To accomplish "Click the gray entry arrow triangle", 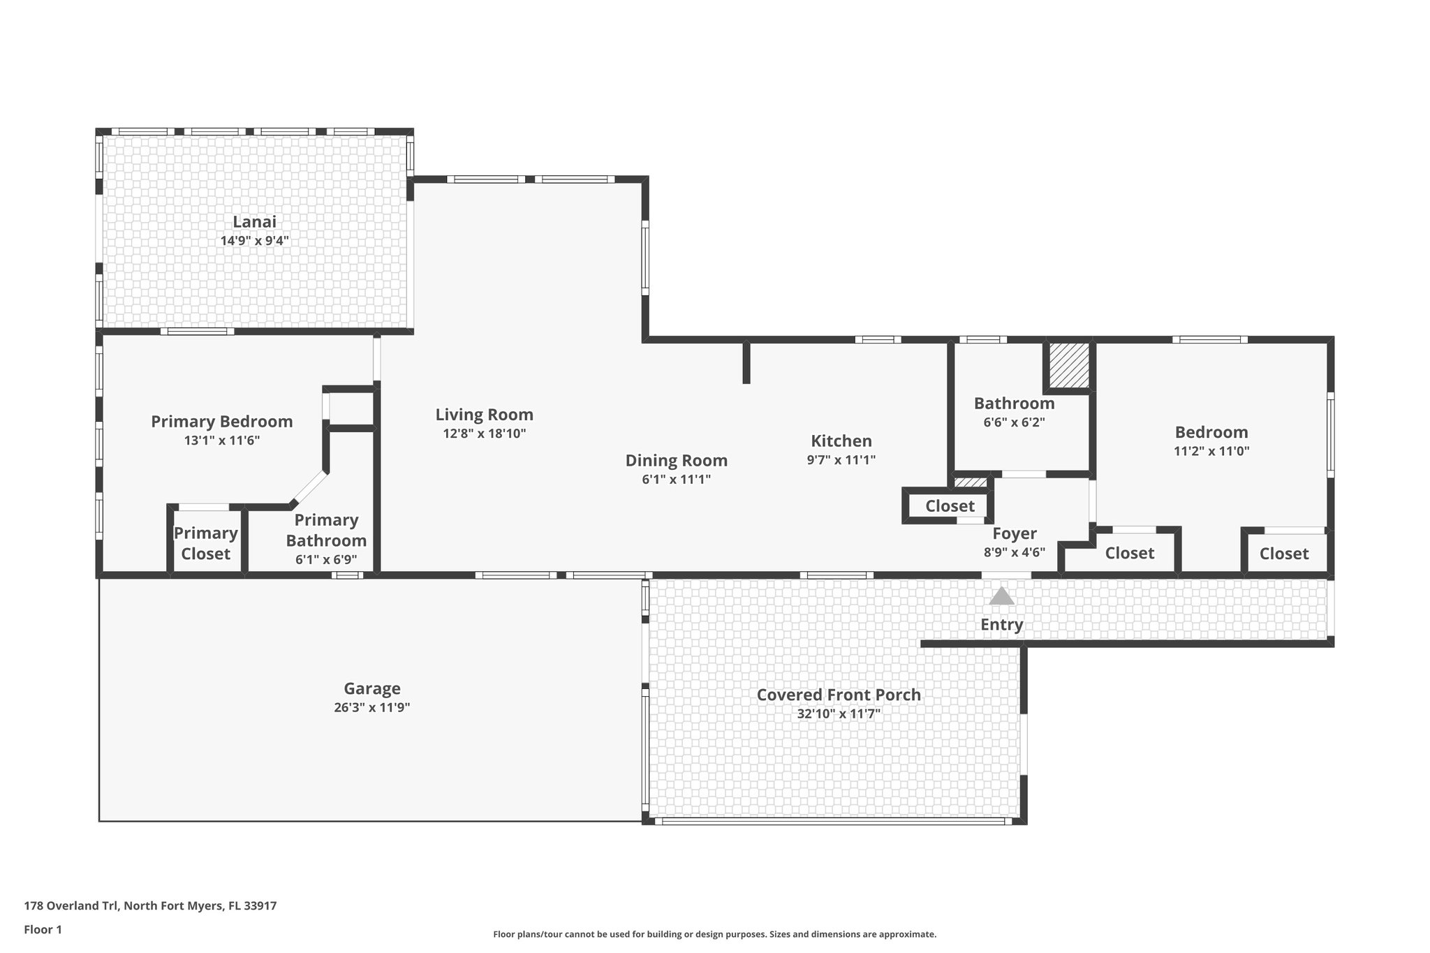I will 1001,596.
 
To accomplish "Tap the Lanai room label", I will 254,222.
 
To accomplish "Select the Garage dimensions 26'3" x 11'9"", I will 371,707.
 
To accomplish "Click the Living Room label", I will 484,415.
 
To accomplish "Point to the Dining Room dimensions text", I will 676,480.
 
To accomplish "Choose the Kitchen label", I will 841,441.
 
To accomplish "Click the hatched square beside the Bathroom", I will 1068,365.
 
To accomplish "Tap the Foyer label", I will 1014,534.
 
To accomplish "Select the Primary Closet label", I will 206,543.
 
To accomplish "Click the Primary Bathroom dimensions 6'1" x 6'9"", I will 325,559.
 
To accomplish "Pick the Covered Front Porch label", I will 839,695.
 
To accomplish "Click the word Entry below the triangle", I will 1001,625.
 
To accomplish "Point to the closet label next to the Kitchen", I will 950,506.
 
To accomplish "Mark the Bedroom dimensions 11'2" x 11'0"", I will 1211,452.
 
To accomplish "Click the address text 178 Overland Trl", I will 150,906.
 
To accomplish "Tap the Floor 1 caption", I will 43,929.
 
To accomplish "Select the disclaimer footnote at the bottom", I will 714,934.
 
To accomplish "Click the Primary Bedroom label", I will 221,422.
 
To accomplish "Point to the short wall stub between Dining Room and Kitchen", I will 746,362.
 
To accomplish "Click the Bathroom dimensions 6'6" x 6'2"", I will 1014,422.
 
